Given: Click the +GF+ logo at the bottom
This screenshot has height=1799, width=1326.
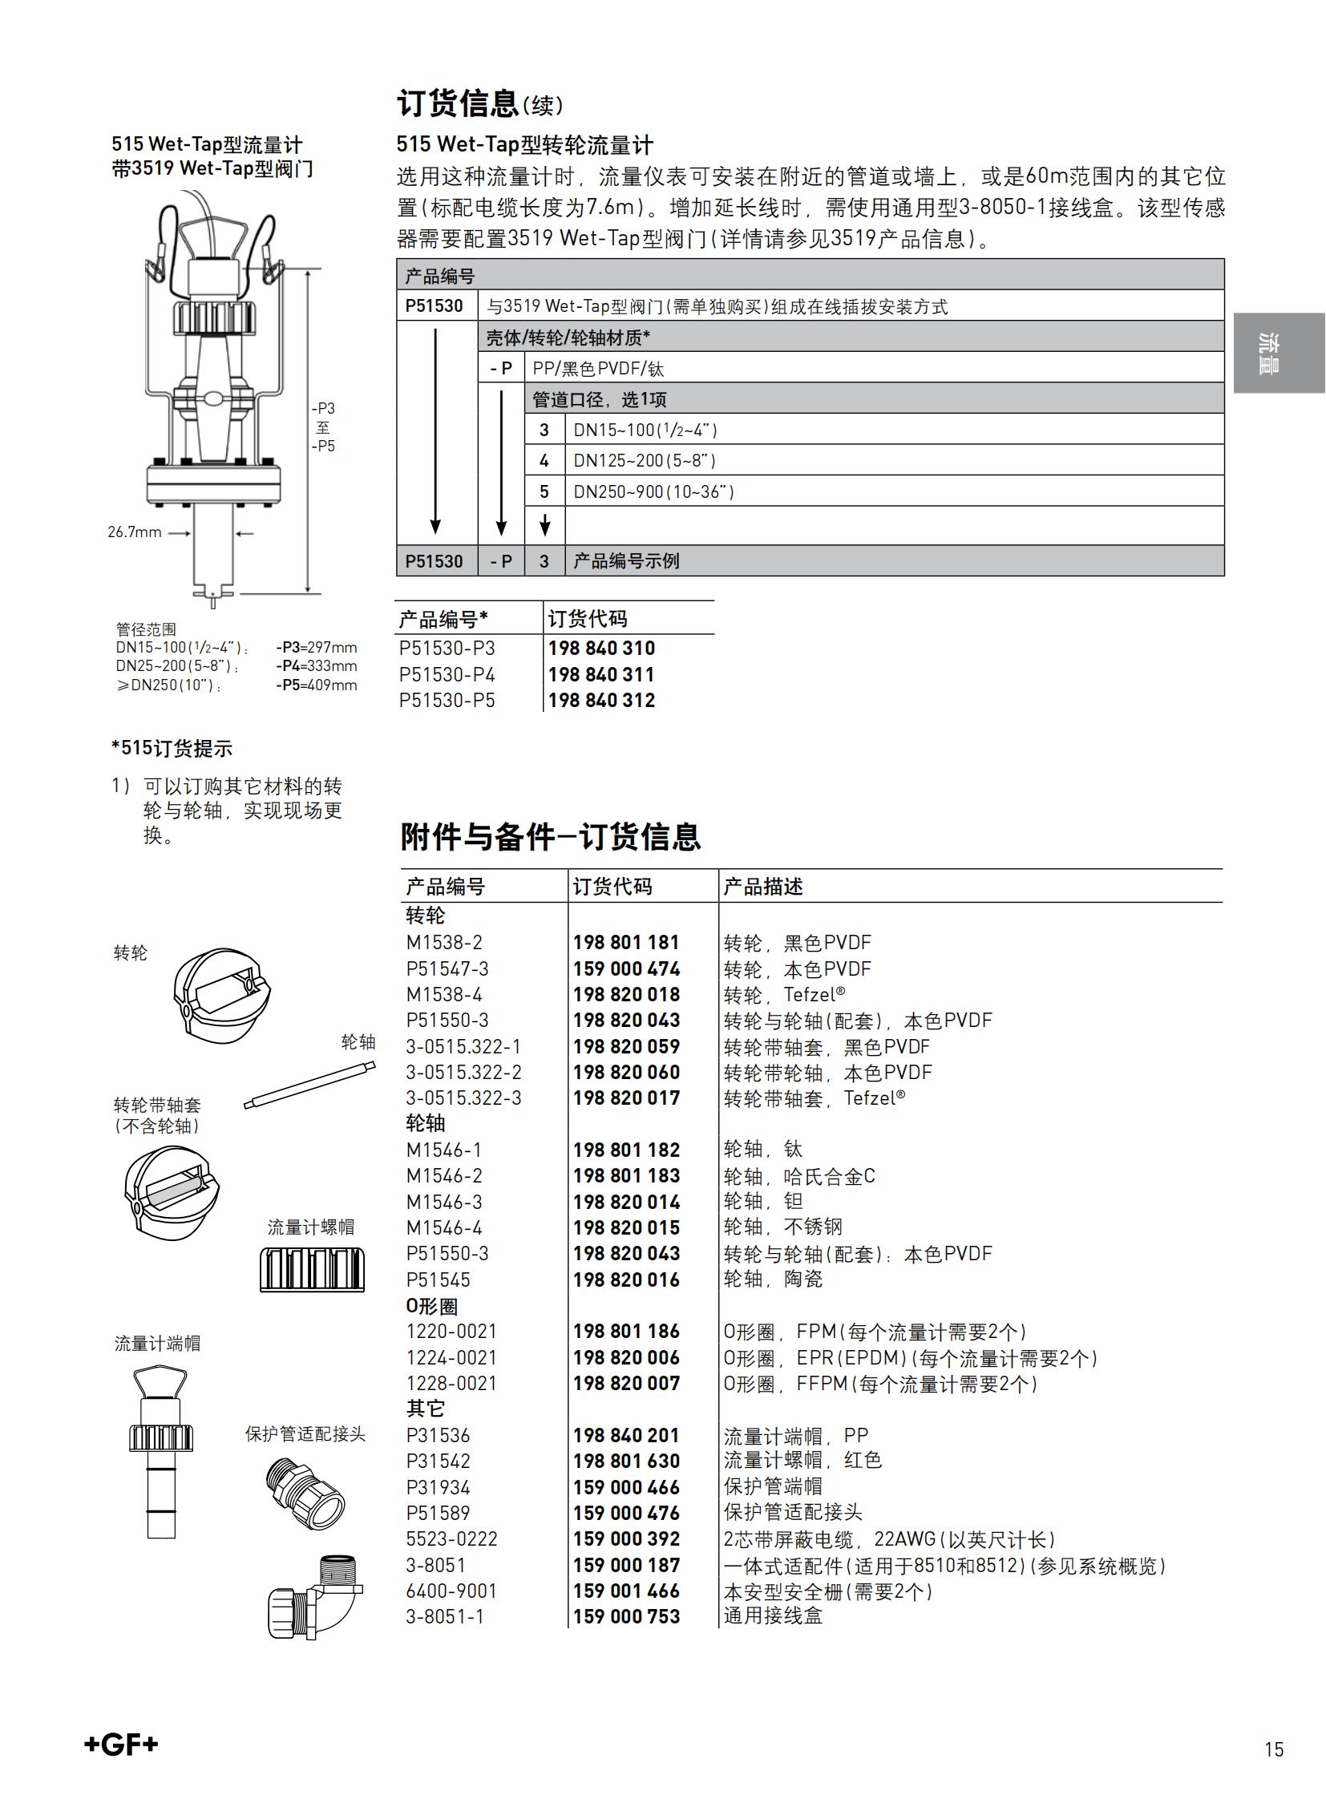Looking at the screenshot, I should [x=121, y=1744].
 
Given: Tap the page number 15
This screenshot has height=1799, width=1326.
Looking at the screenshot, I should [x=1273, y=1749].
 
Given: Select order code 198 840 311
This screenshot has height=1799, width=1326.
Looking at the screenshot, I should [x=601, y=674].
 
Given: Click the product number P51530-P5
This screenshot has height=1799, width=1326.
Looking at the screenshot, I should [x=447, y=701].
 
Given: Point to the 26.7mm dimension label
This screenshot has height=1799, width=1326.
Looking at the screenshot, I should [x=135, y=532].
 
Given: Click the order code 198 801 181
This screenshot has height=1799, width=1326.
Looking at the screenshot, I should [x=626, y=943].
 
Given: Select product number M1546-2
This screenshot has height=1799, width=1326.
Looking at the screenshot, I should [x=444, y=1176].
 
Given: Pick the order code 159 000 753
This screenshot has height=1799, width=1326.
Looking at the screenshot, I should [x=626, y=1617].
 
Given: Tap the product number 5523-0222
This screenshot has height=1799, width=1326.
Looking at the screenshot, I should [x=452, y=1539].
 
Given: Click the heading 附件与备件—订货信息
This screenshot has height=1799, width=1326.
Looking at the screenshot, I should [x=551, y=836].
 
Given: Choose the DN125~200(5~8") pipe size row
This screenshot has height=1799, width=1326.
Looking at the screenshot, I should [x=644, y=461].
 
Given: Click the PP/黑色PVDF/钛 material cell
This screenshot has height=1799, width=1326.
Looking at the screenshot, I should [x=598, y=369].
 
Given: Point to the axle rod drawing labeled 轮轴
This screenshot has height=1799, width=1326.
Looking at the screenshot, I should [x=309, y=1085].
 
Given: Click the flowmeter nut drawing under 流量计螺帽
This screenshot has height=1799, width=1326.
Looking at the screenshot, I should [x=312, y=1268].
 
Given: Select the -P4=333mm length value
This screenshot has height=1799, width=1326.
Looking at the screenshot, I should [x=316, y=666].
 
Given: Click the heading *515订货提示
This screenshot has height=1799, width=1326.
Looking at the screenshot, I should [x=172, y=748].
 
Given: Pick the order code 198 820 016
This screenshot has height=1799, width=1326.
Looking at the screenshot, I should [x=626, y=1280].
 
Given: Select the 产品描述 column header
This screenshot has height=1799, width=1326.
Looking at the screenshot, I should [x=762, y=886].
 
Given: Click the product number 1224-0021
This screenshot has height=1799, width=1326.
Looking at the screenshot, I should [x=451, y=1357].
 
